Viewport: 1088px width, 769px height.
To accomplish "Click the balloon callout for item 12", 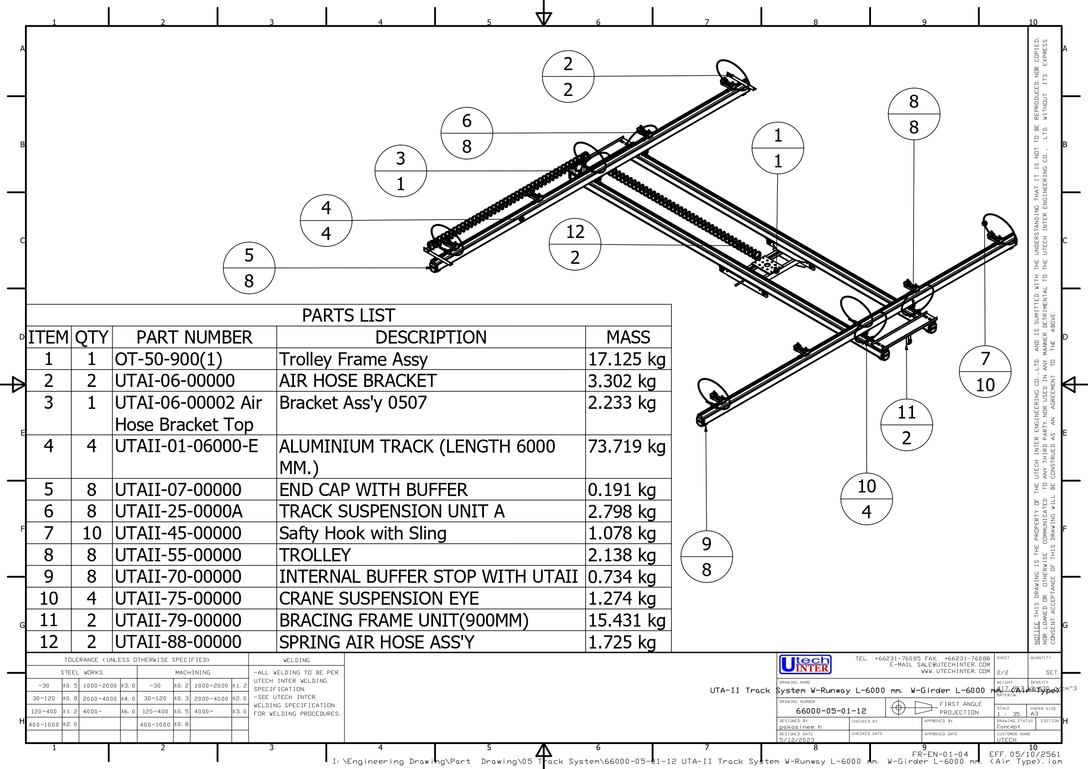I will tap(575, 245).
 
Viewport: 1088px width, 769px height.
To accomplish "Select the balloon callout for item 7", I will tap(985, 372).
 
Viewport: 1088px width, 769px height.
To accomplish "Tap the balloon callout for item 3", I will tap(400, 171).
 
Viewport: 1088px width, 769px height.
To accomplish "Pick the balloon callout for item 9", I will tap(706, 557).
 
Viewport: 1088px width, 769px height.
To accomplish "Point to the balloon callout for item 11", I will tap(906, 425).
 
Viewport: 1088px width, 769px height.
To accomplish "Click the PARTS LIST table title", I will tap(348, 315).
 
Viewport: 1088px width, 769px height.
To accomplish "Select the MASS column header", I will tap(628, 337).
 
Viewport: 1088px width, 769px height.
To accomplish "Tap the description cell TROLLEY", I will tap(315, 555).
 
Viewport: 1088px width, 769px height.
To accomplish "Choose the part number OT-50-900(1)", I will tap(168, 359).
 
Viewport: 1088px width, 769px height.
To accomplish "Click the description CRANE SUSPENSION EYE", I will tap(379, 599).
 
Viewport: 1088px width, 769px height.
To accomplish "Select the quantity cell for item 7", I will tap(92, 533).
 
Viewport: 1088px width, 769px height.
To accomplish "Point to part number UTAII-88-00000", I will tap(178, 642).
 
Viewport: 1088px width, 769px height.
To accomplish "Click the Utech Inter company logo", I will tap(805, 664).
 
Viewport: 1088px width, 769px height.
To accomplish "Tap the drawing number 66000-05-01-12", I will tap(831, 711).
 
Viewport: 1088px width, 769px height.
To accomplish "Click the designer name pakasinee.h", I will tap(800, 726).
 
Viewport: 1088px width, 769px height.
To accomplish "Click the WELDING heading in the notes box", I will tap(296, 660).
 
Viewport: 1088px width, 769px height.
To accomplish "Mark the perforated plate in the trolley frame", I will tap(766, 264).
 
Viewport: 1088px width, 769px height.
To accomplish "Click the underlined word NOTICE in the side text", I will tap(1036, 633).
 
